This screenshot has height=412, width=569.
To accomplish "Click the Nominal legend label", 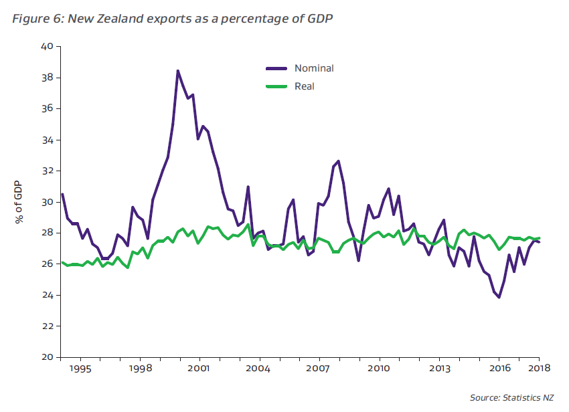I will [313, 68].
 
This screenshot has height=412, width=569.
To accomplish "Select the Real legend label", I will [304, 86].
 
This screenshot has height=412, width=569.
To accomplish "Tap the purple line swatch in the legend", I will [276, 68].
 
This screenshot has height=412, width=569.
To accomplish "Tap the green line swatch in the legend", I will [276, 86].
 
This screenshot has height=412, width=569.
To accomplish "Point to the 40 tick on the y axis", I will [46, 47].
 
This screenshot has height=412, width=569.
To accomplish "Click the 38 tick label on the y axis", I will [46, 78].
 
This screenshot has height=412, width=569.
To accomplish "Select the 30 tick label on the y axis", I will [46, 202].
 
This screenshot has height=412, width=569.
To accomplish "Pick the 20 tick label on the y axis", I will [46, 357].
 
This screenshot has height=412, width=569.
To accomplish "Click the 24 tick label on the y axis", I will [46, 295].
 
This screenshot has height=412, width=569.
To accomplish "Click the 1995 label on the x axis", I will [80, 369].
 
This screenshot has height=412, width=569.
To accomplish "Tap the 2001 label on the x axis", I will [199, 369].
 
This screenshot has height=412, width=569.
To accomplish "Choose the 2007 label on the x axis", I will [319, 369].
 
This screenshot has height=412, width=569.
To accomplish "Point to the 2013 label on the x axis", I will [439, 369].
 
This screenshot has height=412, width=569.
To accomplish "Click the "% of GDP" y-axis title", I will [20, 202].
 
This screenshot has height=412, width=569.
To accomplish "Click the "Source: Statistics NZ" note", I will [511, 399].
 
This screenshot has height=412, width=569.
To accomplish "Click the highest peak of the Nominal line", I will [177, 70].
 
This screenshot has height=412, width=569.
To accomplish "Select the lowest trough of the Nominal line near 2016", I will [499, 298].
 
